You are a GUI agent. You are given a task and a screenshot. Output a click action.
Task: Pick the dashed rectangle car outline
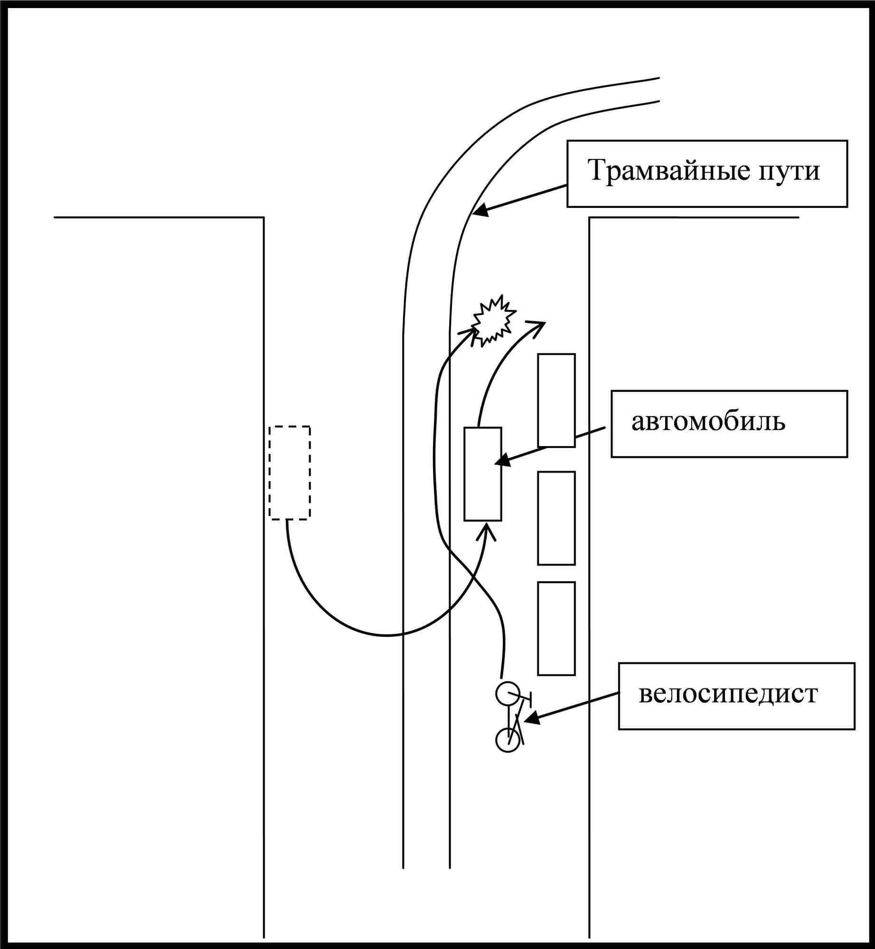click(x=290, y=473)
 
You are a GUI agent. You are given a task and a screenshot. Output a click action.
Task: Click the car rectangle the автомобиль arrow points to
click(x=482, y=474)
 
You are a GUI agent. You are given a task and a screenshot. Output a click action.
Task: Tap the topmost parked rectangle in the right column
click(x=556, y=400)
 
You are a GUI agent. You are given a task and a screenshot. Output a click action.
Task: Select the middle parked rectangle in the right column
click(x=556, y=518)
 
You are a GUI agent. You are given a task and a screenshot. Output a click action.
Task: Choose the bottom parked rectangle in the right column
click(x=556, y=628)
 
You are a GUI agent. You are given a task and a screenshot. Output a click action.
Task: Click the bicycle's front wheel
click(x=508, y=693)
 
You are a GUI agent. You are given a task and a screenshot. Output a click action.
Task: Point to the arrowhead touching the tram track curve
click(x=480, y=211)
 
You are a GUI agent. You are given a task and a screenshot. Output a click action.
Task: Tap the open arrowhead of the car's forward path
click(x=539, y=327)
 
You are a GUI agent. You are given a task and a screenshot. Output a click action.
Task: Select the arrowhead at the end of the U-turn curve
click(x=486, y=530)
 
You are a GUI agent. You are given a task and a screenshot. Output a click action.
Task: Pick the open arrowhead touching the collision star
click(x=471, y=332)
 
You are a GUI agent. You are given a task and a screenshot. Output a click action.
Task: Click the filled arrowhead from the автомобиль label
click(x=501, y=460)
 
